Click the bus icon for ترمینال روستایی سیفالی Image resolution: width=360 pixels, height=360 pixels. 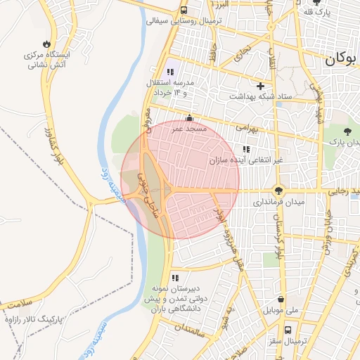tap(184, 11)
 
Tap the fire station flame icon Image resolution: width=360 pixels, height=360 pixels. tap(46, 42)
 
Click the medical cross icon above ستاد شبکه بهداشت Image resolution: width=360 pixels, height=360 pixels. tap(260, 86)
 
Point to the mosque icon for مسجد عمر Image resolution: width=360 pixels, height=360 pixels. tap(188, 119)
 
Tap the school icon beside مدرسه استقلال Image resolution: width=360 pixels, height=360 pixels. tap(169, 72)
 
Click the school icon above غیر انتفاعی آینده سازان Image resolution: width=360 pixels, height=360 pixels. tap(246, 149)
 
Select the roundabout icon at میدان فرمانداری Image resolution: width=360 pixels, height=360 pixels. tap(279, 191)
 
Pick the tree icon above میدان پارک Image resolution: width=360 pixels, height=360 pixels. tap(347, 131)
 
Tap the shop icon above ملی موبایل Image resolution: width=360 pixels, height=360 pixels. tap(281, 299)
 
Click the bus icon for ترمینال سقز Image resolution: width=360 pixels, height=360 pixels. tap(288, 329)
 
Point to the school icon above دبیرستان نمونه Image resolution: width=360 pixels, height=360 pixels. tap(175, 278)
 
